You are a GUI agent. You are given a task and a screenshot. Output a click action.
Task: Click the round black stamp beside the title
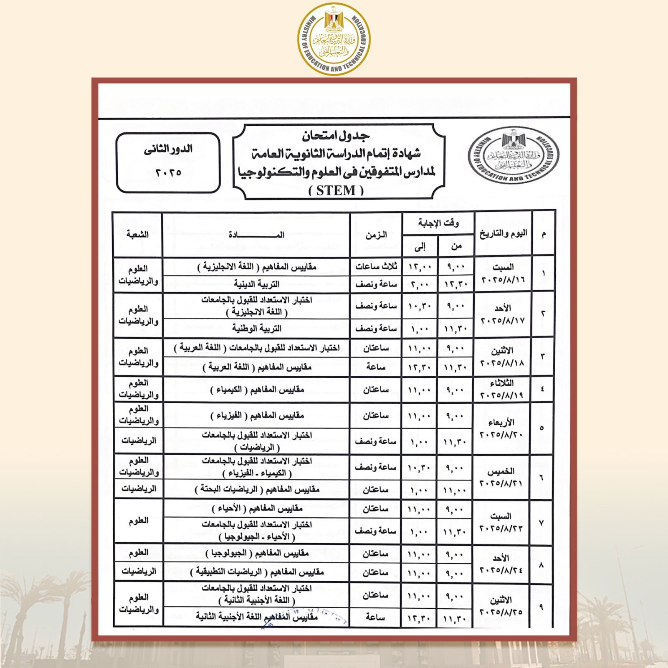click(x=513, y=159)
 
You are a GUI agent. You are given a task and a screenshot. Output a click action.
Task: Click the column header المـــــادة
click(x=256, y=235)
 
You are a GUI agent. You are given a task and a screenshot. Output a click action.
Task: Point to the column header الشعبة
click(x=138, y=235)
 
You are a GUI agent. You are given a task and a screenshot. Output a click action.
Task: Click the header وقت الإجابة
click(x=438, y=223)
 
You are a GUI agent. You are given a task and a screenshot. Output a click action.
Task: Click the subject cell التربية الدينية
click(x=256, y=285)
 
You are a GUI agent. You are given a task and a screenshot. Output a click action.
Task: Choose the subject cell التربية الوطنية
click(x=256, y=329)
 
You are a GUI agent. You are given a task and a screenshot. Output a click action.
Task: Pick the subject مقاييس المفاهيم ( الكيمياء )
click(x=256, y=390)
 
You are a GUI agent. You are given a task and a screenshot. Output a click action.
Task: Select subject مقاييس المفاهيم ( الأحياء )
click(x=256, y=509)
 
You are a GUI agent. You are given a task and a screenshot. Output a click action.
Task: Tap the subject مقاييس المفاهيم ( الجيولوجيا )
click(x=256, y=554)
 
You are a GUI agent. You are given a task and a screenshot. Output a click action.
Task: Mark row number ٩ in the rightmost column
click(x=542, y=607)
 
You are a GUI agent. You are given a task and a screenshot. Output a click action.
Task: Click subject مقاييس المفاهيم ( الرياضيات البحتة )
click(x=256, y=489)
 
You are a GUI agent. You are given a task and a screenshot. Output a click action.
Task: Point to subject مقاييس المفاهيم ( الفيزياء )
click(x=256, y=416)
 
